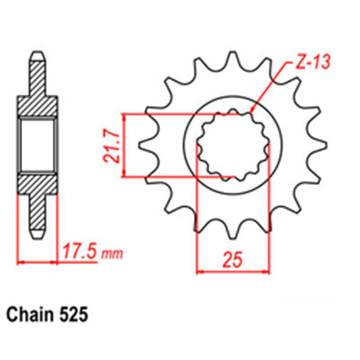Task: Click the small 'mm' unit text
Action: (x=113, y=255)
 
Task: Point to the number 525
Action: (x=72, y=315)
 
